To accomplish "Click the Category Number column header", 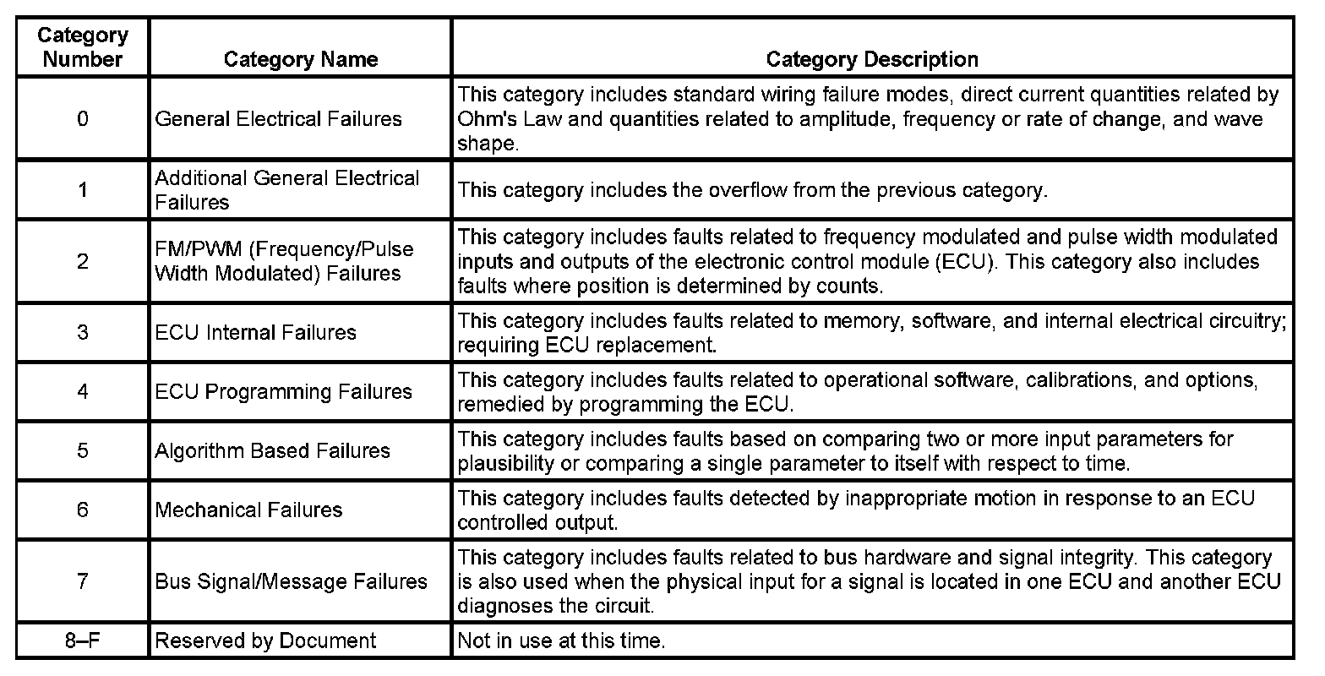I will click(82, 47).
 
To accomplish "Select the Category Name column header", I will click(300, 59).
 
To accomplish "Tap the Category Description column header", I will click(871, 59).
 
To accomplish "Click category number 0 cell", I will click(82, 119).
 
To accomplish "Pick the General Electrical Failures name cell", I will click(278, 119).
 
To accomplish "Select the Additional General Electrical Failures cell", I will click(286, 190).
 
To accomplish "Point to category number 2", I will click(82, 261).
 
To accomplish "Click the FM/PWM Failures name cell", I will click(284, 261).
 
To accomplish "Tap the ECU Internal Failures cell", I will click(255, 332).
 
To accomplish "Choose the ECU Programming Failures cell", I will click(283, 391).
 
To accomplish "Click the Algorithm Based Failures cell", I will click(272, 450).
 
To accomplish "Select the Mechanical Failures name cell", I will click(248, 510).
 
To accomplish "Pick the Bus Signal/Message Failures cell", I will click(291, 581).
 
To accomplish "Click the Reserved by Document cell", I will click(264, 641).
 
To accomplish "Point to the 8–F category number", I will click(82, 641).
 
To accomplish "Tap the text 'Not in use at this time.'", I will click(561, 641).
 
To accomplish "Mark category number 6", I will click(82, 510).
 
